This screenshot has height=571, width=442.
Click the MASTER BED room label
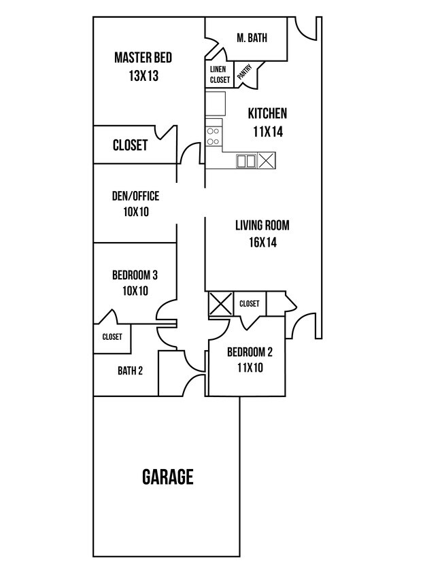(143, 57)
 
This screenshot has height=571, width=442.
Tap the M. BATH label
(252, 38)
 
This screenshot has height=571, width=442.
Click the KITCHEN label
(267, 114)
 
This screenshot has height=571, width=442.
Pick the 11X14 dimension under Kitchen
(267, 132)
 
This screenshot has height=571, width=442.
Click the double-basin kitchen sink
(245, 161)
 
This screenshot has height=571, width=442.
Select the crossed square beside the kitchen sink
(267, 161)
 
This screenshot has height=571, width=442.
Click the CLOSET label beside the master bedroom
(130, 145)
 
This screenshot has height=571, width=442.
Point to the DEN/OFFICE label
(135, 196)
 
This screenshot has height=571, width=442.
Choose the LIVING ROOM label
(267, 225)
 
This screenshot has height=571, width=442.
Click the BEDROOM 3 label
(135, 275)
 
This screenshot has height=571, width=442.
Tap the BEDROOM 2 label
(250, 352)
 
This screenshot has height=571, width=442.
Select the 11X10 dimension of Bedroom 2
(250, 368)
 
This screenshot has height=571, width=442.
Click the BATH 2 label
(130, 370)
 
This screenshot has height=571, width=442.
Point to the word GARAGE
(167, 477)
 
